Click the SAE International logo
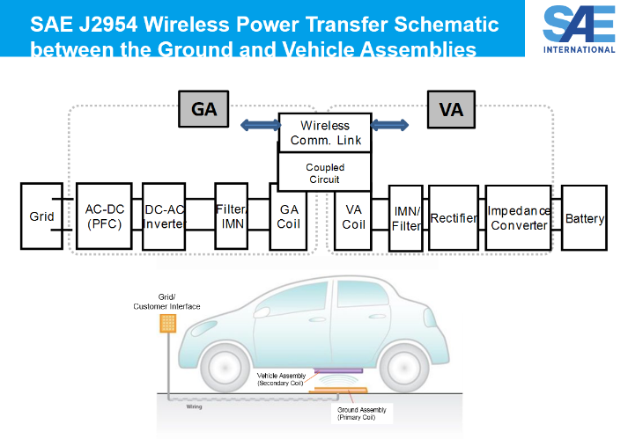click(x=580, y=28)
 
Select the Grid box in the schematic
click(x=41, y=216)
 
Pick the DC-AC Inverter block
click(x=163, y=216)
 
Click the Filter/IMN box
click(x=231, y=216)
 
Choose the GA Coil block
click(x=289, y=216)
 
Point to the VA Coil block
click(x=354, y=216)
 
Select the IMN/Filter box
click(x=406, y=216)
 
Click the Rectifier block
click(x=454, y=217)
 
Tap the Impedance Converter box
click(x=519, y=217)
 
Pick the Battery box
click(x=584, y=217)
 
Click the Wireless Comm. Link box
click(x=325, y=132)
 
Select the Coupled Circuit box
click(x=325, y=173)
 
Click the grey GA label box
click(x=203, y=111)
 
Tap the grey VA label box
click(x=451, y=111)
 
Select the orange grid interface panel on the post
click(x=167, y=323)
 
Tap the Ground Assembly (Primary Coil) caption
click(x=361, y=413)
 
